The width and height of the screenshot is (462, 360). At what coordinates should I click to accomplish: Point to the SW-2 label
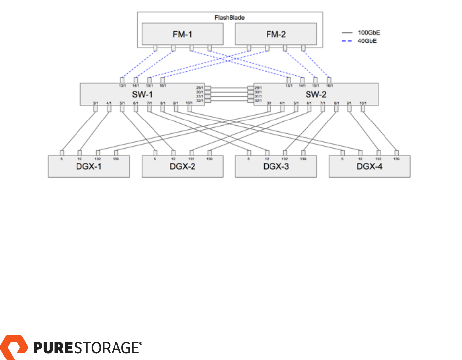pos(316,94)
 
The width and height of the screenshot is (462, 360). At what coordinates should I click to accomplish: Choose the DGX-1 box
pos(89,167)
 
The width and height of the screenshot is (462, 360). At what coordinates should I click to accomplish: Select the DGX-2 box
pos(182,167)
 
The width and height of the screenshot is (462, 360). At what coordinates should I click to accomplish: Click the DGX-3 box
pos(276,167)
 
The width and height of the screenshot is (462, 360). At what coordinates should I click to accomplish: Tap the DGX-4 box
pos(370,167)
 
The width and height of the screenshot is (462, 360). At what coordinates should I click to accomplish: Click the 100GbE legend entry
pos(368,33)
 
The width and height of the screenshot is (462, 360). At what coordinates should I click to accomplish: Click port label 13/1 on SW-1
pos(123,86)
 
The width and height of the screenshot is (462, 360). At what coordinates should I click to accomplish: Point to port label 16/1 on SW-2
pos(329,86)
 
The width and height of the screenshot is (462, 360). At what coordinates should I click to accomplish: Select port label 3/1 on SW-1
pos(96,103)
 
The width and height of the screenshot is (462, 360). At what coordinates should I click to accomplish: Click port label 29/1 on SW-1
pos(200,88)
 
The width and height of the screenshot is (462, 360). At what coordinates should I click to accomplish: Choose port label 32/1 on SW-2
pos(258,101)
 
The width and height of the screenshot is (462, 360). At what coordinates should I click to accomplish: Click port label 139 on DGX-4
pos(396,159)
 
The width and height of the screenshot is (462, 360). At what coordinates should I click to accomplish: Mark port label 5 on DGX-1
pos(62,159)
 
